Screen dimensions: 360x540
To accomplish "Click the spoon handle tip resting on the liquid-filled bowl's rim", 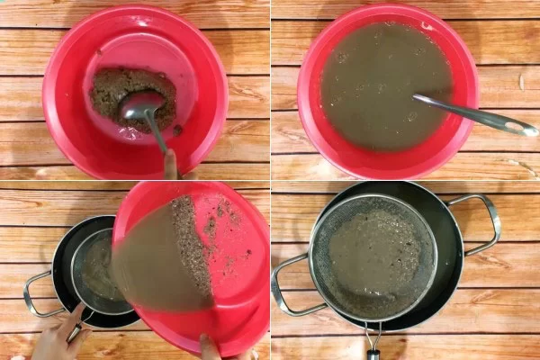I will (529, 130).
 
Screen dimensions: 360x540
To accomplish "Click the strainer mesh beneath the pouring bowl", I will (90, 261).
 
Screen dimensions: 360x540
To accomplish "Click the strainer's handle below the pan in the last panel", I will (372, 342).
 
